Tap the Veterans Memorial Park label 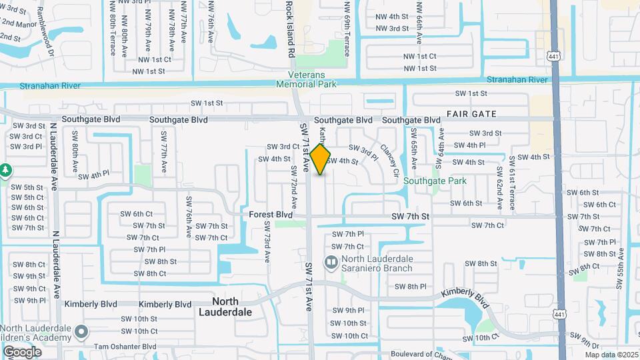(313, 79)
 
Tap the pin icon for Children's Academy (81, 331)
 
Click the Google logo (22, 351)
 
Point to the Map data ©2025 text (611, 355)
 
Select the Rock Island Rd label (290, 28)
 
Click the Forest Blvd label (271, 215)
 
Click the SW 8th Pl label (410, 287)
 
